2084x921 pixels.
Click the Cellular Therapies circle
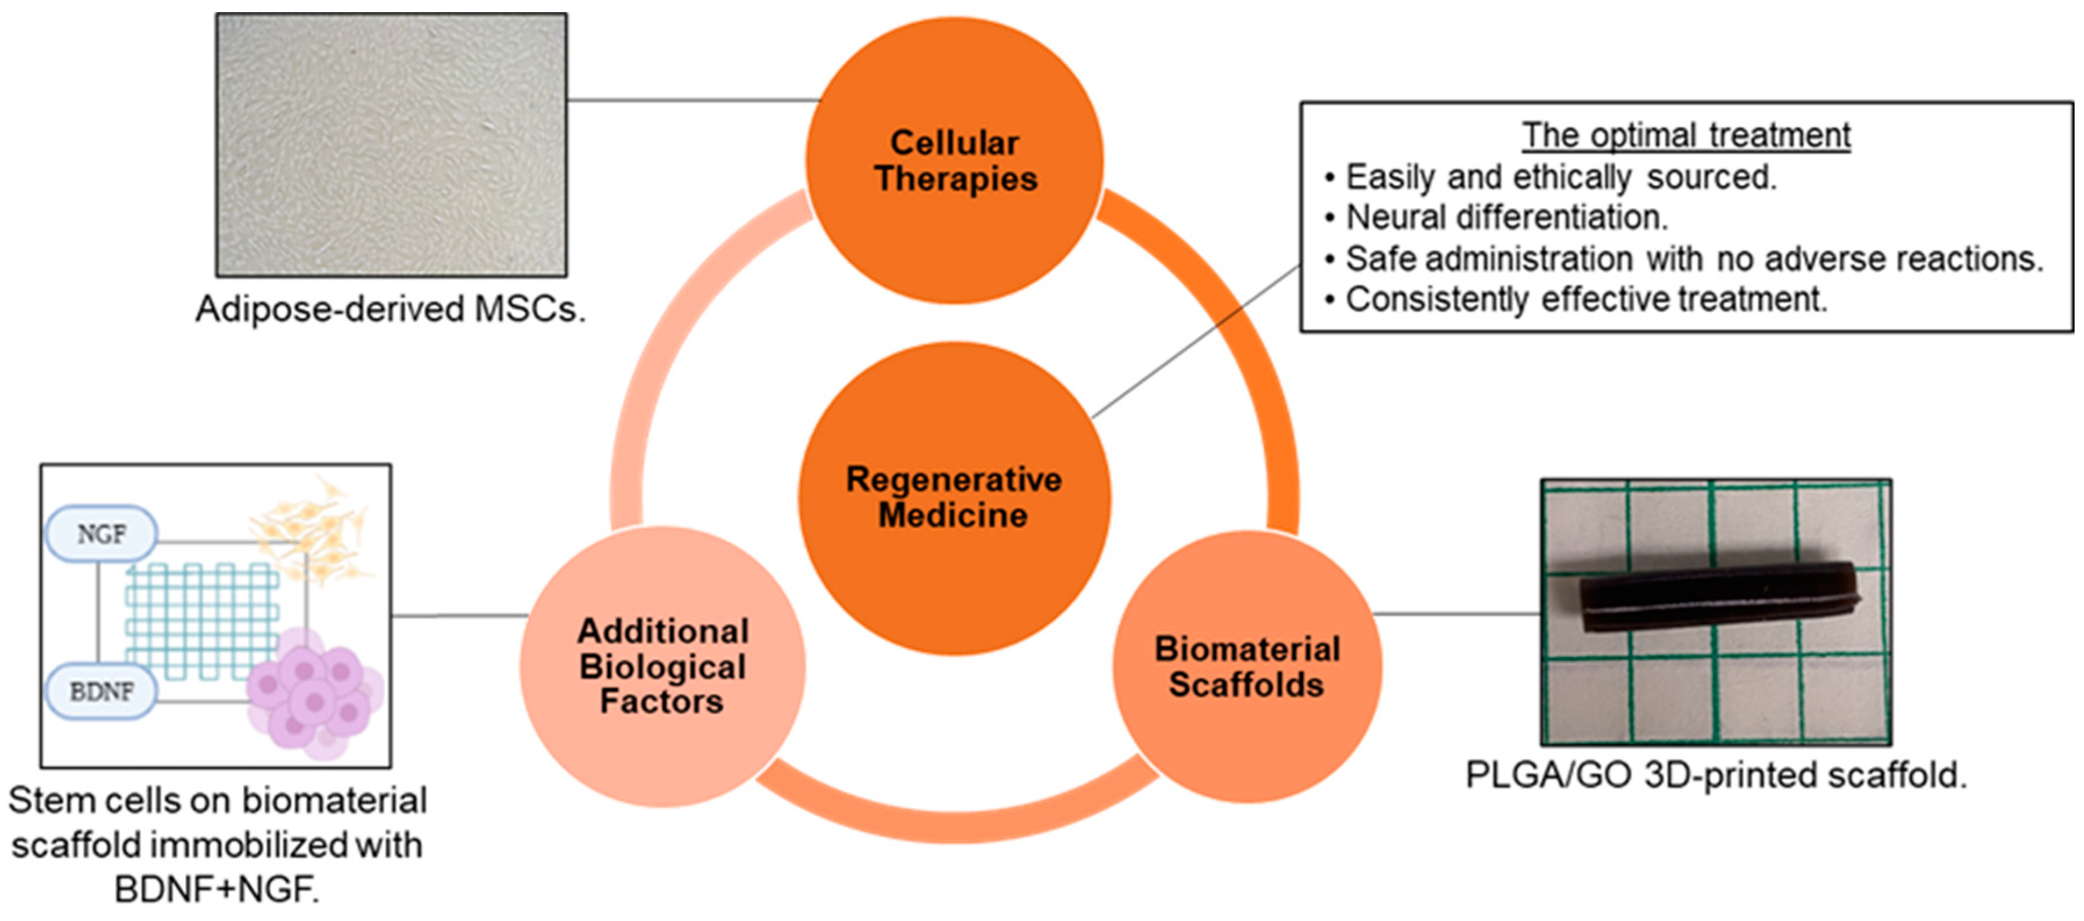click(x=954, y=160)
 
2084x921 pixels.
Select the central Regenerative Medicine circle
click(x=954, y=497)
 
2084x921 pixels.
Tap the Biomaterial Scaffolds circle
click(x=1247, y=667)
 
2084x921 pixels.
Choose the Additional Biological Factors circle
click(x=662, y=666)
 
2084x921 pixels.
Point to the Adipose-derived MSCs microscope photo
click(x=392, y=144)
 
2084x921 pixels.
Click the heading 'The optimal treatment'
click(x=1686, y=135)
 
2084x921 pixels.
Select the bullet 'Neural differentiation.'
click(x=1506, y=218)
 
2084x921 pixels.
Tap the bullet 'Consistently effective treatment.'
click(x=1586, y=300)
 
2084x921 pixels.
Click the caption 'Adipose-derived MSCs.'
click(x=391, y=309)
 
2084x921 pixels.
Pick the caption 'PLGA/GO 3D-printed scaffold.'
click(x=1716, y=775)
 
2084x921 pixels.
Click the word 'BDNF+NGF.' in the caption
click(x=217, y=890)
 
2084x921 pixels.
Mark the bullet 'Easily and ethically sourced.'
click(x=1560, y=177)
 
